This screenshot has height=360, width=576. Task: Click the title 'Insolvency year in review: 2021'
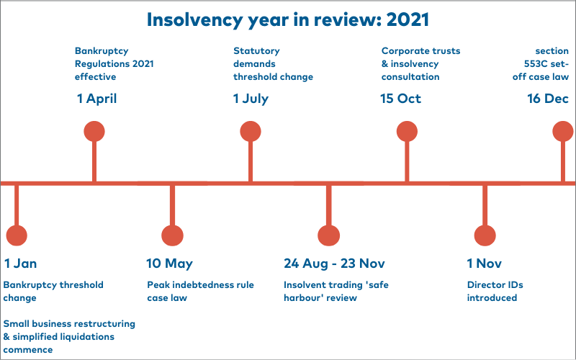coord(287,20)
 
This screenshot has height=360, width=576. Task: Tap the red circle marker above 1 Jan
coord(17,235)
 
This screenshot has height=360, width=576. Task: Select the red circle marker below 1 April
coord(94,132)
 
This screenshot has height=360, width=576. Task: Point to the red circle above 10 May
coord(172,235)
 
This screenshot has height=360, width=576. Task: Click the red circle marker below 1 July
coord(251,132)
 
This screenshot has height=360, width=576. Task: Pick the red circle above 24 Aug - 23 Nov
coord(329,235)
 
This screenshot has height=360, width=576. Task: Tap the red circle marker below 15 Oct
coord(407,132)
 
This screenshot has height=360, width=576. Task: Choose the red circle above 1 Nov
coord(485,235)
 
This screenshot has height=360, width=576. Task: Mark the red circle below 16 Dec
coord(563,132)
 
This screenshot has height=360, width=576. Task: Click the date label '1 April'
coord(96,99)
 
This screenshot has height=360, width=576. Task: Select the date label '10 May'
coord(169,264)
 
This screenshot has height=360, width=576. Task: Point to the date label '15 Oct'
coord(400,99)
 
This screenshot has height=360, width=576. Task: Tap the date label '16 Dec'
coord(548,99)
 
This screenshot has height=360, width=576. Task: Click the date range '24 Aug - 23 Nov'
coord(334,264)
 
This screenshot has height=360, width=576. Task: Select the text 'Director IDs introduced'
coord(495,292)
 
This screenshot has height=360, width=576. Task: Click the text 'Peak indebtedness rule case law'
coord(200,292)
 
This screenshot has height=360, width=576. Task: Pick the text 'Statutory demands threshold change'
coord(273,64)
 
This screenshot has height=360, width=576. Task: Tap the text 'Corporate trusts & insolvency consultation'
coord(420,64)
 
